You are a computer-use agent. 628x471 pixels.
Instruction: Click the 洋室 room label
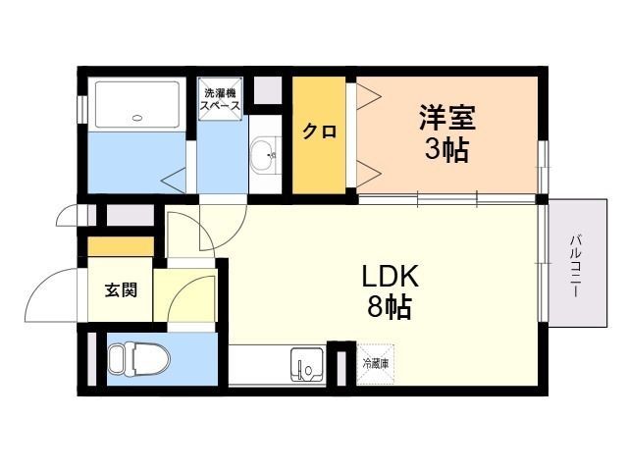click(447, 118)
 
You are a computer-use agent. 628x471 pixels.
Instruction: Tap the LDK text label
click(391, 277)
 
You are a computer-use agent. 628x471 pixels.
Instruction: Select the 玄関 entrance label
click(121, 289)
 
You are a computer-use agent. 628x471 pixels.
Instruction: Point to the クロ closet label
click(319, 131)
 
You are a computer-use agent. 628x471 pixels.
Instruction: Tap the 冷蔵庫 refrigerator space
click(375, 364)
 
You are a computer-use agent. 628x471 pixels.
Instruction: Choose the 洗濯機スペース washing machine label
click(220, 99)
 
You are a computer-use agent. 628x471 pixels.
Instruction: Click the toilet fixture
click(139, 359)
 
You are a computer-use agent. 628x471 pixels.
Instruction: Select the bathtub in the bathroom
click(137, 105)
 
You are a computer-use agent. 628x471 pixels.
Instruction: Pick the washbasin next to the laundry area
click(265, 155)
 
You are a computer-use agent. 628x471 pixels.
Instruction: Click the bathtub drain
click(137, 118)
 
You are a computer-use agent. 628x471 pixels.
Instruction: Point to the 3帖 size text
click(446, 150)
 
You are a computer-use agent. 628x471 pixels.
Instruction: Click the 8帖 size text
click(390, 307)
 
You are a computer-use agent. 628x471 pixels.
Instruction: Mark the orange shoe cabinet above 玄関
click(121, 246)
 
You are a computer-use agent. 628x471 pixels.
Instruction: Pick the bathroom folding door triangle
click(174, 181)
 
